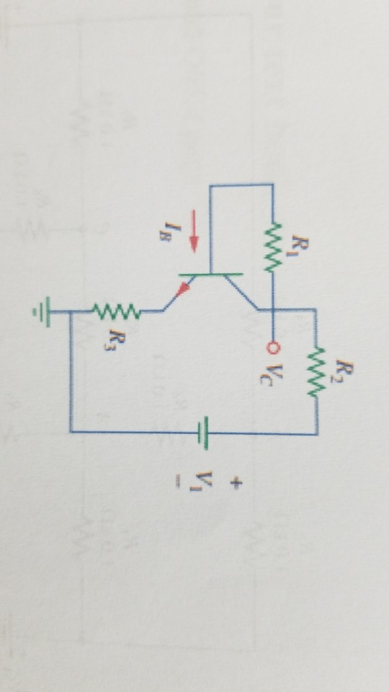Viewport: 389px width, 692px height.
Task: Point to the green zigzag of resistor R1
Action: pos(273,247)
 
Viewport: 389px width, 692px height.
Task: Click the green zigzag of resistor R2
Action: pos(316,372)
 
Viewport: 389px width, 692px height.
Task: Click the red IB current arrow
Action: pos(194,231)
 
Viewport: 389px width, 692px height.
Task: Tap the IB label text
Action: pos(166,231)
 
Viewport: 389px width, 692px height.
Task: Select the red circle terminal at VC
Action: pos(273,348)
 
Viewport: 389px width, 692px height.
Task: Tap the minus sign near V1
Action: pos(177,483)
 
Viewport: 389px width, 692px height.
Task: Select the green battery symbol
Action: pos(203,433)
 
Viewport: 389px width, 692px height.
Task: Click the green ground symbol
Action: pos(43,312)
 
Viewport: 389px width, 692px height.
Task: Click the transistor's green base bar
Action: pos(211,275)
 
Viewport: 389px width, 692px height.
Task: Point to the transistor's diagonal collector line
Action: pos(241,291)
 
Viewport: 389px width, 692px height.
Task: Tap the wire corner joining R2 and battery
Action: pos(317,434)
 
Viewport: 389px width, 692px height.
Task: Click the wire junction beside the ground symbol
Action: pos(71,312)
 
